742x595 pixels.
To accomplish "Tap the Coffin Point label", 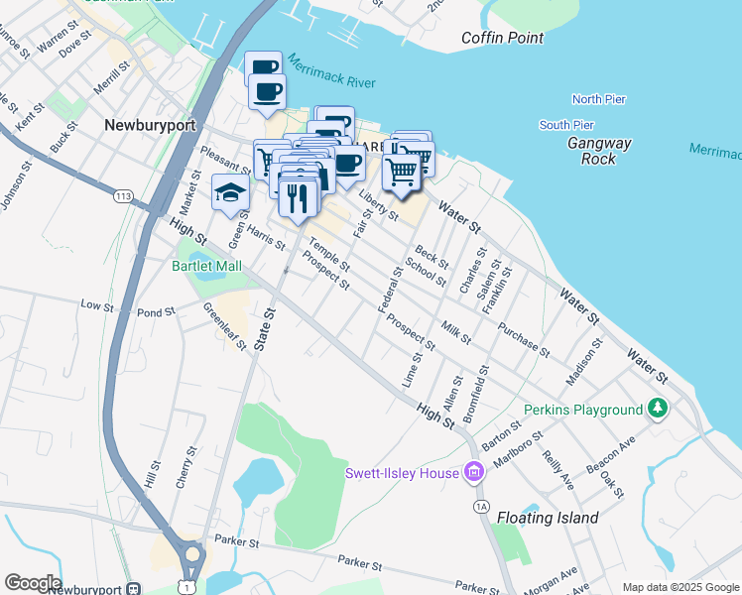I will tap(503, 39).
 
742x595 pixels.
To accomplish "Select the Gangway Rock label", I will tap(599, 151).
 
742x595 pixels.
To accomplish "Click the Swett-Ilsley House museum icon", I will tap(473, 472).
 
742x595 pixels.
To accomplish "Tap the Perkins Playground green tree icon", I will tap(657, 409).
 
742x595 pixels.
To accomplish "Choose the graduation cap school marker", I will tap(230, 192).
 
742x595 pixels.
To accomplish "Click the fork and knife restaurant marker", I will tap(298, 198).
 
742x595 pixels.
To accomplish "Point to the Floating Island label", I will tap(548, 518).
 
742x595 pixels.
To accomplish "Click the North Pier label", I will tap(599, 99).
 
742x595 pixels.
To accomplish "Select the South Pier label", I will tap(566, 125).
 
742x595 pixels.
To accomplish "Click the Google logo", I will tap(33, 583).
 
